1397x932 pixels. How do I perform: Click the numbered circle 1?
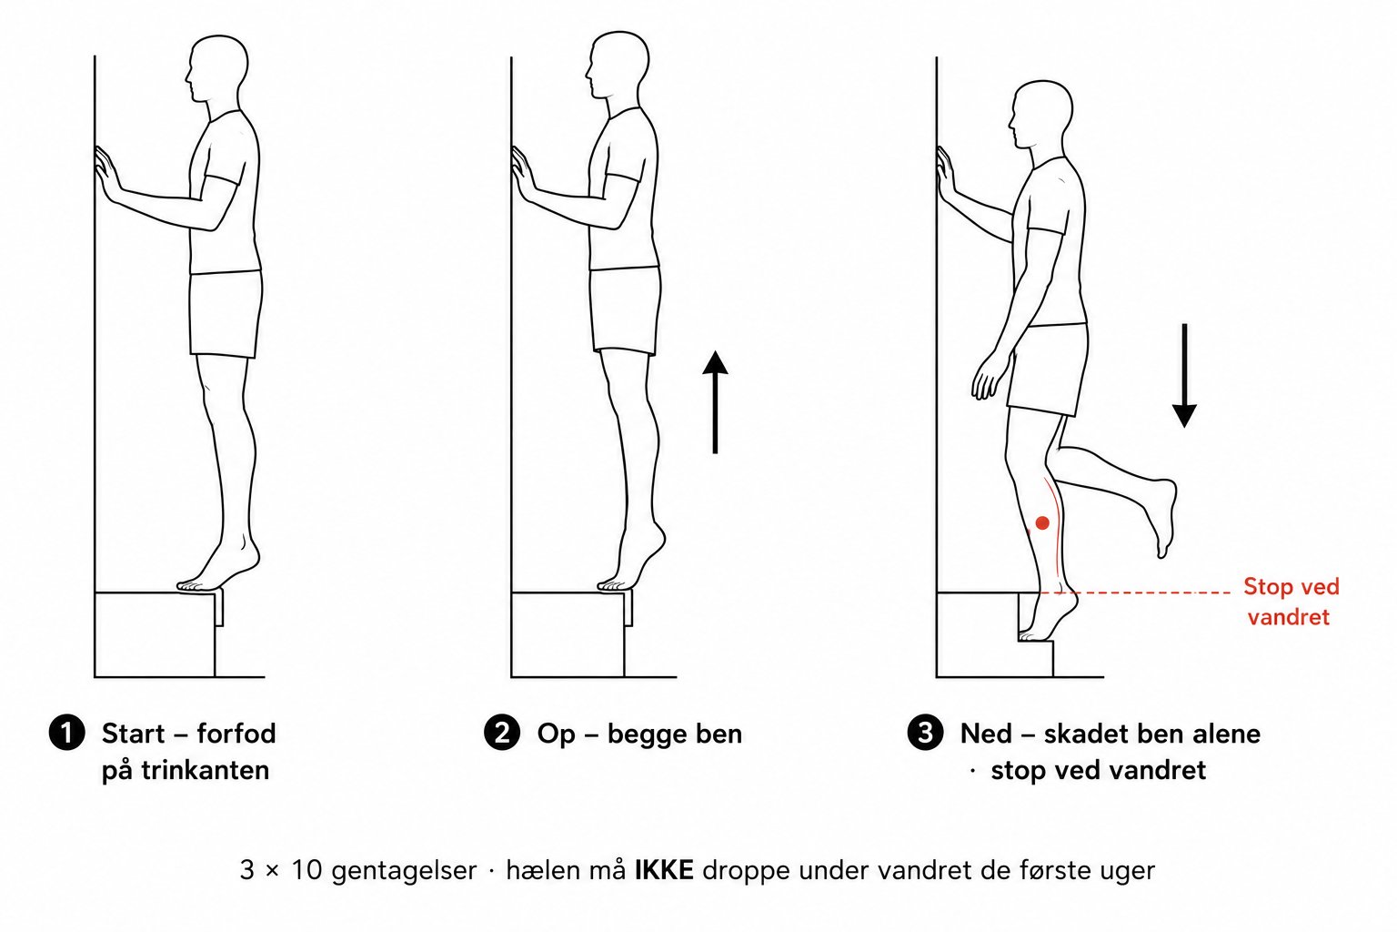(x=66, y=733)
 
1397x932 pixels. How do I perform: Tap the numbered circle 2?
(x=502, y=733)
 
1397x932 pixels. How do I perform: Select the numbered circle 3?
(x=925, y=733)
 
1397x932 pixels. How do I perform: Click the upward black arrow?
(x=715, y=402)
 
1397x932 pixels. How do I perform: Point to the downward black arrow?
(x=1183, y=375)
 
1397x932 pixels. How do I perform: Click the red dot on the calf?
(x=1042, y=522)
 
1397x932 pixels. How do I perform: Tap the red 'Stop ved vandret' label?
(x=1291, y=602)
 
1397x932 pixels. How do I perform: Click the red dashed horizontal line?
(x=1134, y=593)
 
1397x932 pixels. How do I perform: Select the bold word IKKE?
(x=664, y=870)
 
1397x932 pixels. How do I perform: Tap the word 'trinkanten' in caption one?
(x=206, y=770)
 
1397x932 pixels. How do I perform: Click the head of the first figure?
(x=217, y=67)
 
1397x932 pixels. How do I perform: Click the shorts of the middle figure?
(x=626, y=310)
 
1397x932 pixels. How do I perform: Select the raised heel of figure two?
(x=657, y=537)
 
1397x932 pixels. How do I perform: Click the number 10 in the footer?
(x=307, y=870)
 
